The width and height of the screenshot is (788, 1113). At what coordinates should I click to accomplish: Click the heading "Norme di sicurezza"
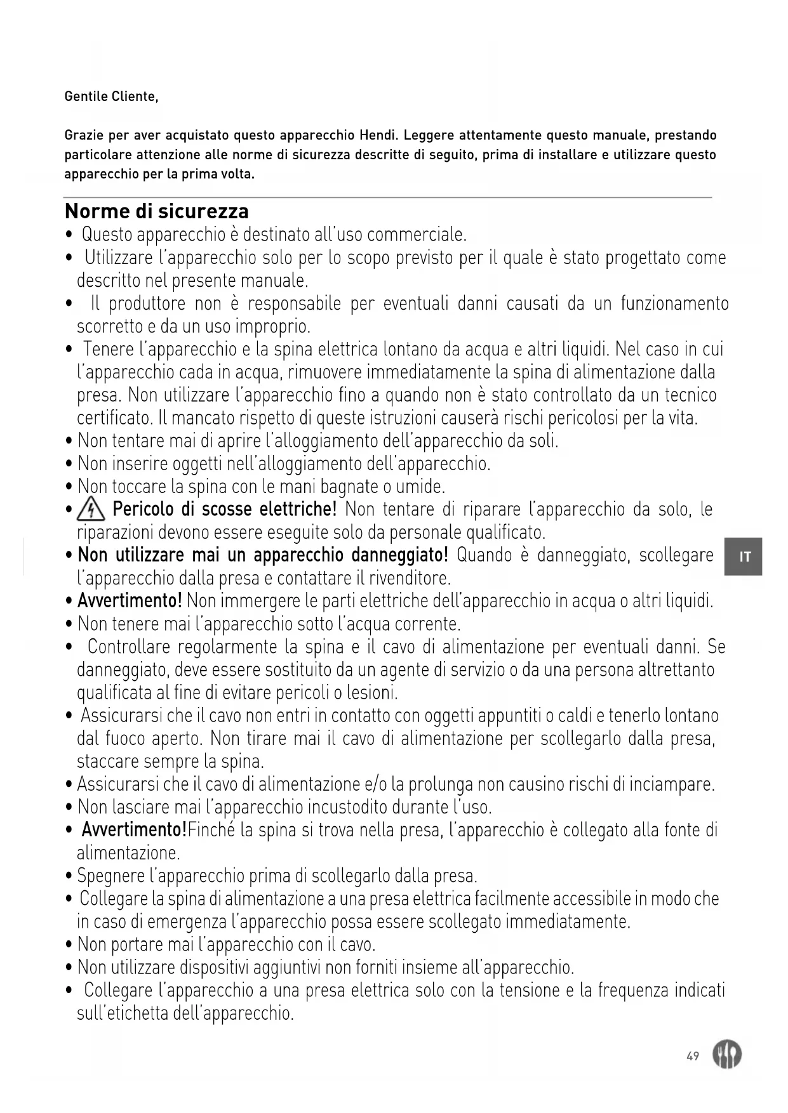[x=157, y=211]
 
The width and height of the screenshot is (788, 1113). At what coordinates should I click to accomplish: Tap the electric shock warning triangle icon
[x=91, y=510]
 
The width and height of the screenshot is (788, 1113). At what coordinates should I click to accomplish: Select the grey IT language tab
[x=744, y=556]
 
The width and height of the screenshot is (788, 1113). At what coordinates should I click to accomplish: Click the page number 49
[x=693, y=1056]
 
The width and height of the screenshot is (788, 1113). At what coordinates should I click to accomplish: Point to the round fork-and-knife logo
[x=727, y=1055]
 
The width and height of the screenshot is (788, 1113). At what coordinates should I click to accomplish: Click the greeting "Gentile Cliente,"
[x=111, y=97]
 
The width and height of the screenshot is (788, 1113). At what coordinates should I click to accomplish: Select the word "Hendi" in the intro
[x=378, y=135]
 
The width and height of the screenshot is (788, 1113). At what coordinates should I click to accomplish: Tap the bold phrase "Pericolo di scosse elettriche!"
[x=224, y=510]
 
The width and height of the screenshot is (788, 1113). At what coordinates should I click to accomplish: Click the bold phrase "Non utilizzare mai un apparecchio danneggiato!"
[x=263, y=555]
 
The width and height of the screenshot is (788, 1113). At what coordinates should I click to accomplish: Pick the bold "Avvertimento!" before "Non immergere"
[x=130, y=600]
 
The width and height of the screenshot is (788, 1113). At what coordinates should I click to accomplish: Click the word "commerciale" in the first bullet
[x=416, y=235]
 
